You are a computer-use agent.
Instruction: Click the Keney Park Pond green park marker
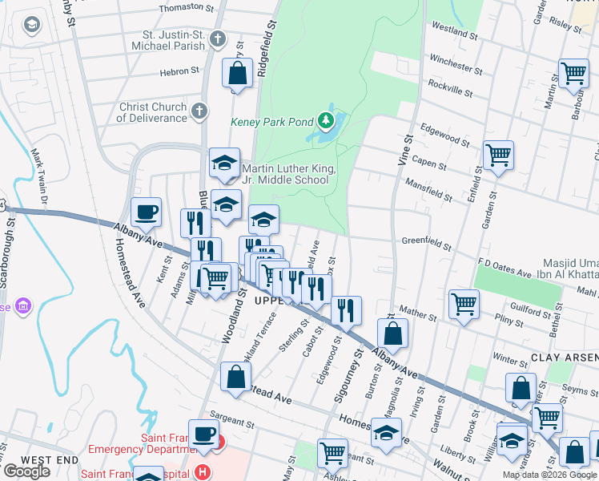coord(325,122)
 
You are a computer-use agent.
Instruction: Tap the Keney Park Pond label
coord(273,123)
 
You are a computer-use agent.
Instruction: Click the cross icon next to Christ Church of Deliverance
coord(199,112)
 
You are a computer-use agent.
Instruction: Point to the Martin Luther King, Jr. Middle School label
coord(287,174)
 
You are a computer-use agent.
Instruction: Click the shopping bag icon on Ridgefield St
coord(238,75)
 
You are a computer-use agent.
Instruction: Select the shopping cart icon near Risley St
coord(573,74)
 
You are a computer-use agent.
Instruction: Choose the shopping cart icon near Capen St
coord(498,154)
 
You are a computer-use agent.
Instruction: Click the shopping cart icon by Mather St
coord(464,305)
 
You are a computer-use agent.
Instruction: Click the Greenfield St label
coord(427,240)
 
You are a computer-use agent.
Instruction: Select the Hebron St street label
coord(179,71)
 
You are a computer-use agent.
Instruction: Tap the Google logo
coord(26,471)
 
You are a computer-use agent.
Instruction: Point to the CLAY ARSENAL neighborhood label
coord(563,357)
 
